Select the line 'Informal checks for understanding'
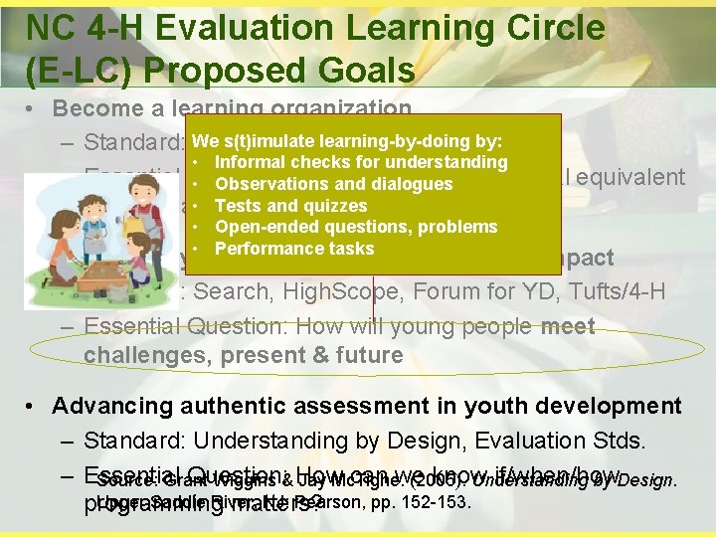pyautogui.click(x=360, y=162)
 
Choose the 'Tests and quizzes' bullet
pyautogui.click(x=291, y=206)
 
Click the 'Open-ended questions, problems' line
pyautogui.click(x=355, y=227)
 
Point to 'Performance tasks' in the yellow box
pyautogui.click(x=294, y=249)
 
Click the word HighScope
pyautogui.click(x=338, y=292)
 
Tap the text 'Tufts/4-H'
pyautogui.click(x=622, y=292)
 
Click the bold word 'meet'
pyautogui.click(x=567, y=326)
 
